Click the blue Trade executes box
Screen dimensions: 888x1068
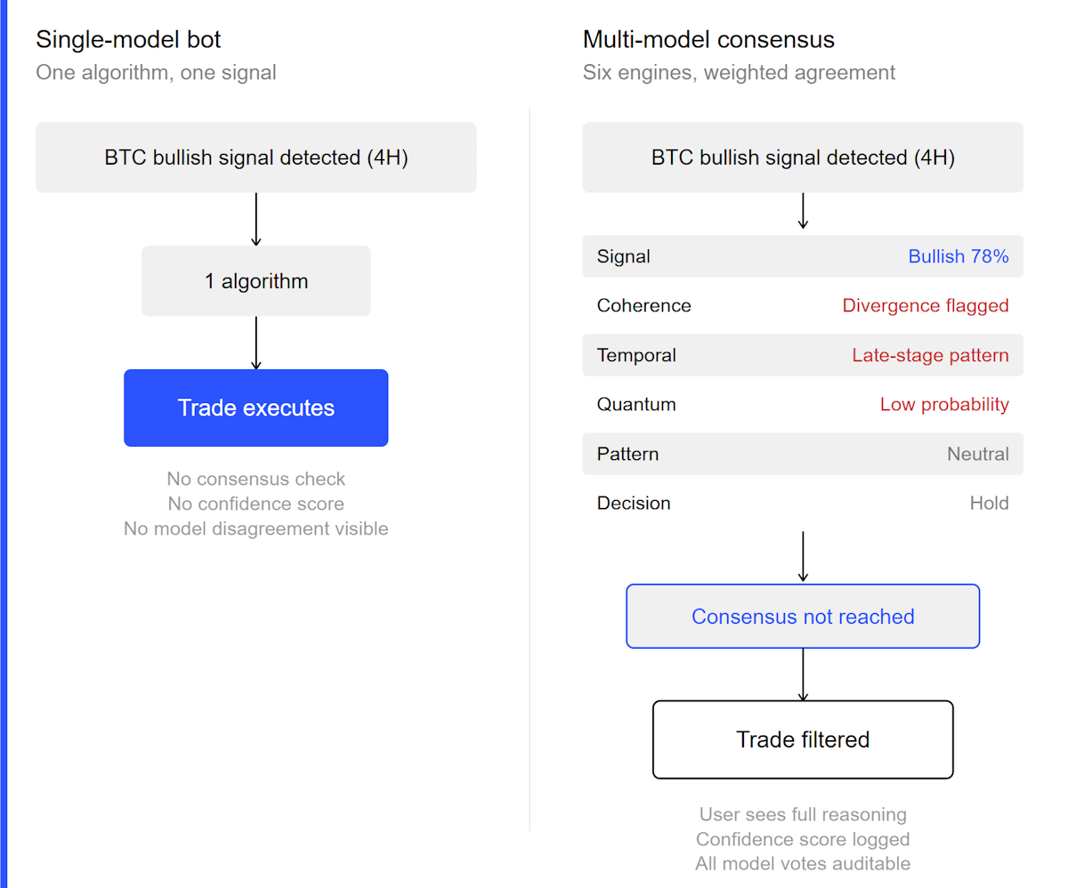[256, 408]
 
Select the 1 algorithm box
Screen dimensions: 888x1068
[256, 281]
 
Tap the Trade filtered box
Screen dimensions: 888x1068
[803, 739]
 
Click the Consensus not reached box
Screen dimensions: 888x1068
[803, 617]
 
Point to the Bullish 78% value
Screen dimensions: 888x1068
[959, 256]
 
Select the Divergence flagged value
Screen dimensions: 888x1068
[926, 306]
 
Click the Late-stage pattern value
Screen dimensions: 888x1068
[930, 356]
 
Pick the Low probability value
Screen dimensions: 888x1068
[944, 405]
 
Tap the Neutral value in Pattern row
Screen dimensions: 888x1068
[977, 454]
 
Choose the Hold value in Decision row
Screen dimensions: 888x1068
[989, 504]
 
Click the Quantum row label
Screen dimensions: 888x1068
[636, 405]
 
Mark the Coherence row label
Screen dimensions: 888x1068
[643, 306]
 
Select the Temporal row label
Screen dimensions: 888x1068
[636, 356]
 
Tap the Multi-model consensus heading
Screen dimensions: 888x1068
[708, 39]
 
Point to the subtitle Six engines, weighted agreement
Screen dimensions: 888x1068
[739, 72]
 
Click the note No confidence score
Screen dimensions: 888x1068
[256, 504]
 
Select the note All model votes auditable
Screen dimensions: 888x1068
[803, 863]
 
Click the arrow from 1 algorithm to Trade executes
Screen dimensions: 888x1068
[256, 343]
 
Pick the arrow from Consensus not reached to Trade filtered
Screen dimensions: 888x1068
[803, 674]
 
